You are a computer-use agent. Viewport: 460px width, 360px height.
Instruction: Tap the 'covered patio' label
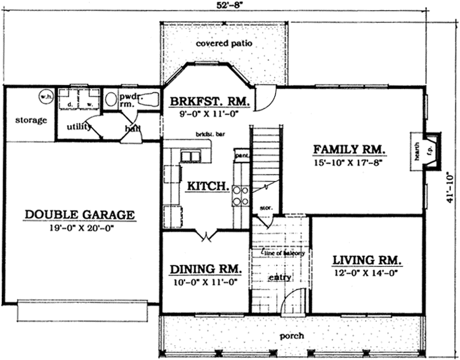pos(225,44)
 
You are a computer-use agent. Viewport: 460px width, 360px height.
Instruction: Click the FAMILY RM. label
pos(349,150)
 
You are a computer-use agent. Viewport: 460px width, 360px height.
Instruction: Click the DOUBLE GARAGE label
pos(79,215)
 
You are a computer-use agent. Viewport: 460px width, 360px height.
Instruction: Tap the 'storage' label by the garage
pos(31,120)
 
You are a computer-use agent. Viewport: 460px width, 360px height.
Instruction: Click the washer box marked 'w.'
pos(89,100)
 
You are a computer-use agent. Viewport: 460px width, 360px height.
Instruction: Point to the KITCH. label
pos(208,187)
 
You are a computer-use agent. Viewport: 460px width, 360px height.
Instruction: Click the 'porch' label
pos(292,335)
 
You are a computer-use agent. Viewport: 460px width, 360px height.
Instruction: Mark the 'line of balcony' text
pos(284,253)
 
